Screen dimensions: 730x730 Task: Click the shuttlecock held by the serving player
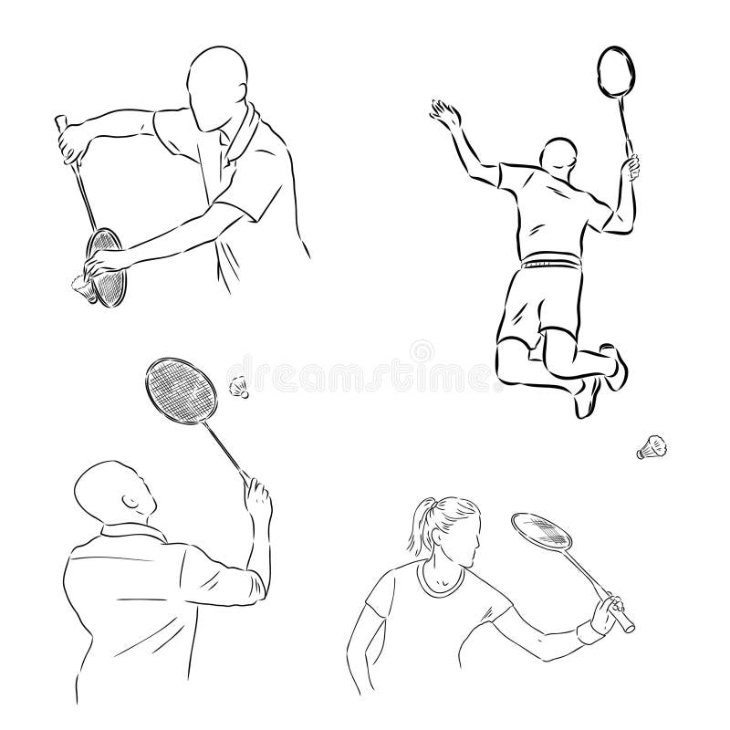coord(84,288)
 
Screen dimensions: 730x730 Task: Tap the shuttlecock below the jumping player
coord(652,447)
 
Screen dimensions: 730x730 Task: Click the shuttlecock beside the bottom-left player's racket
coord(239,387)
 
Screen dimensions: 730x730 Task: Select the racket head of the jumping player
coord(616,72)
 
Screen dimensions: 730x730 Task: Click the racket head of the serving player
coord(107,267)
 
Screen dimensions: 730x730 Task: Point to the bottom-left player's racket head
coord(181,391)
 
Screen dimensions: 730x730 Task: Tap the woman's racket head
coord(541,530)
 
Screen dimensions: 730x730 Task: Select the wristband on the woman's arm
coord(589,631)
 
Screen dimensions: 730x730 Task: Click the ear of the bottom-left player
coord(130,503)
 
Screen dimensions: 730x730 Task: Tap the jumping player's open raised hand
coord(445,115)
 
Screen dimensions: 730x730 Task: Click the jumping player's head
coord(558,155)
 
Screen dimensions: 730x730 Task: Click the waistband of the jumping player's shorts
coord(552,261)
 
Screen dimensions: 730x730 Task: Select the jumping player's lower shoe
coord(588,397)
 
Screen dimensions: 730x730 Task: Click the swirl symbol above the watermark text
coord(422,351)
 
